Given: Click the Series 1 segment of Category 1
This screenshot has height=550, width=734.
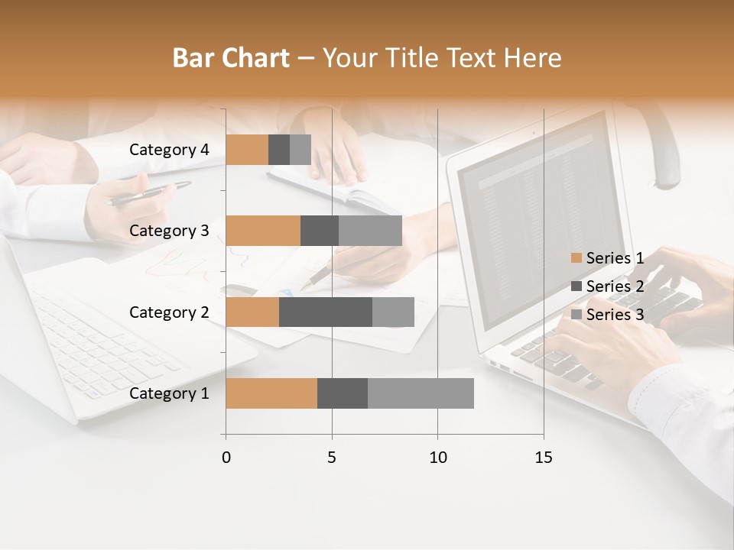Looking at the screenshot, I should [271, 393].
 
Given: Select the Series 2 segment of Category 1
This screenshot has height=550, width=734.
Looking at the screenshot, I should [343, 393].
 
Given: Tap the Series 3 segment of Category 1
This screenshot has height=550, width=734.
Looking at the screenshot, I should [421, 393].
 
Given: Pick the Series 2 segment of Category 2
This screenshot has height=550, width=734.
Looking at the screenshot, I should [326, 312].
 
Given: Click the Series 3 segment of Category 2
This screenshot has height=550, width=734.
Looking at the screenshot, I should [393, 312].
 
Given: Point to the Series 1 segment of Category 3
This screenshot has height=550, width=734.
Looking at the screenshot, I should [263, 231].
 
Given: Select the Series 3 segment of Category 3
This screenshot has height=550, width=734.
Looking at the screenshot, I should [370, 231].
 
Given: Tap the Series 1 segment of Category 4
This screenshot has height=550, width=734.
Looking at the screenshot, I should [247, 150].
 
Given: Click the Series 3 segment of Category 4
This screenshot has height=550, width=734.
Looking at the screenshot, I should [300, 150].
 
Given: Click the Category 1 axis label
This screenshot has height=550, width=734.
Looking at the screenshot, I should [169, 393].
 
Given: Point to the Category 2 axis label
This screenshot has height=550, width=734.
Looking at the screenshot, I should [169, 312].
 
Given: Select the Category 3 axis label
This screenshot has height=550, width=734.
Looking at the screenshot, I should [169, 231].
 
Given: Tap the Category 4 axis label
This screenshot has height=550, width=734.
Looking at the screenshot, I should [169, 150].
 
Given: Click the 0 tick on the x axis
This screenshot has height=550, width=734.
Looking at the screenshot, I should [226, 458].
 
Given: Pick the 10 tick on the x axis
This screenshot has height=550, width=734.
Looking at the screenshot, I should [437, 458].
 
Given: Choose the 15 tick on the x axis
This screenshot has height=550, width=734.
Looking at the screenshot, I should [543, 458].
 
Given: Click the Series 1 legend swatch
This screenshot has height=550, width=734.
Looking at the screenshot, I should [576, 258].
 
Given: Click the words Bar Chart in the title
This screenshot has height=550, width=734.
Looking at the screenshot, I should [231, 58].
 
